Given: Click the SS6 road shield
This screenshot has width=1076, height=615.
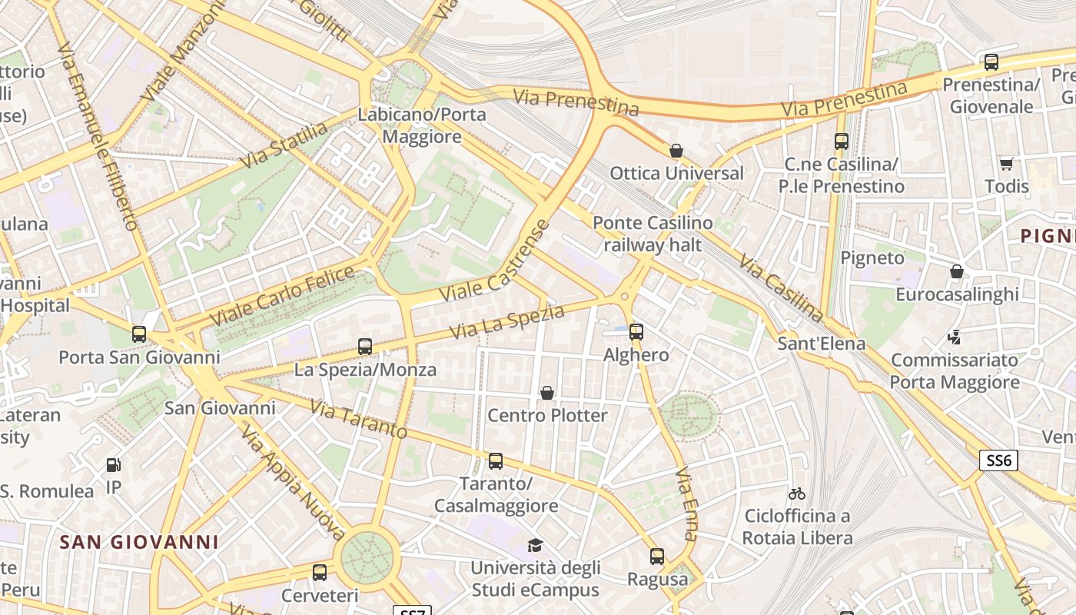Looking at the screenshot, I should [x=999, y=460].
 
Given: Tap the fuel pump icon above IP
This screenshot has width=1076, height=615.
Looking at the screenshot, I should [x=114, y=464].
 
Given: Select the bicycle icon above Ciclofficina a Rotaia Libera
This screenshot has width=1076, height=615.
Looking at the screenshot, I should [x=797, y=493].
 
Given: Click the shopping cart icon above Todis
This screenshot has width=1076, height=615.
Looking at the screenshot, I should [x=1006, y=163].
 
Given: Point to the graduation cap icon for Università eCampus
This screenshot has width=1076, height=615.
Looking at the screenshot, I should [x=535, y=545].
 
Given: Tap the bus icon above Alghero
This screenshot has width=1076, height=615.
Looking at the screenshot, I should [x=636, y=332].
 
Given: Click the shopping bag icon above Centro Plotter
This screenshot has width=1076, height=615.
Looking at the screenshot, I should [x=547, y=393].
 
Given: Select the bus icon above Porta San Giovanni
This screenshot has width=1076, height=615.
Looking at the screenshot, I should [x=139, y=334].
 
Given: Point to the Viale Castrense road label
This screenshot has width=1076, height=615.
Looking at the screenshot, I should [x=495, y=261].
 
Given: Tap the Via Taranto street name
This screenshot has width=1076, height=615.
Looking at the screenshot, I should [x=358, y=418].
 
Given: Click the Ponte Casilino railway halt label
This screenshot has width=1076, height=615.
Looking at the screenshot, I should [x=653, y=234].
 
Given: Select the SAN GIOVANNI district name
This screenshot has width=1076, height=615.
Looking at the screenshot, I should [x=139, y=542].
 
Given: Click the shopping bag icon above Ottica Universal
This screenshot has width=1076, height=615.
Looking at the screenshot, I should [x=676, y=151].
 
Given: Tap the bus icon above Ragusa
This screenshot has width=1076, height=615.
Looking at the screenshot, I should [x=657, y=557].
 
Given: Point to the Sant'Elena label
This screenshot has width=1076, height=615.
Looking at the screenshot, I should [x=821, y=343].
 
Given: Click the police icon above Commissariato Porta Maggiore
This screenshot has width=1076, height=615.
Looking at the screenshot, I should [x=954, y=337].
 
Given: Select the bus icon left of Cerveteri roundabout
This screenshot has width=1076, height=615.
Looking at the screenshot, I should [x=320, y=573].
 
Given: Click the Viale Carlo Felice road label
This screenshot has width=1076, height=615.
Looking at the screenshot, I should [x=281, y=295].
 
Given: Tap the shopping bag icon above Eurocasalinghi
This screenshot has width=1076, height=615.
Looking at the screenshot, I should [x=957, y=271].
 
